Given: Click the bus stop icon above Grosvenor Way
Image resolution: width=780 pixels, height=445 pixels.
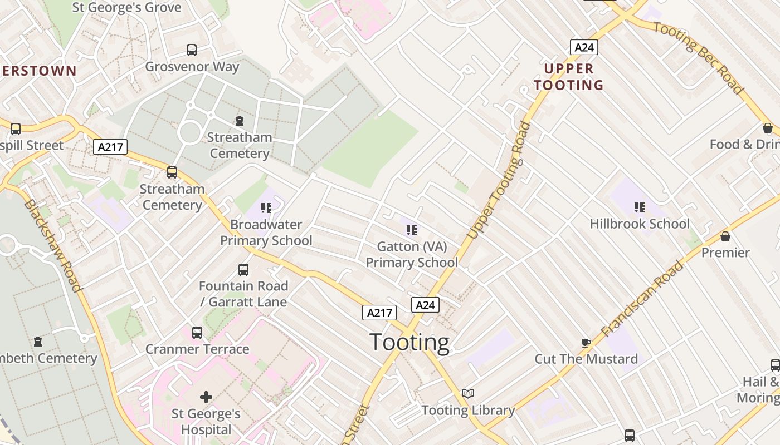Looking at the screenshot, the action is [192, 50].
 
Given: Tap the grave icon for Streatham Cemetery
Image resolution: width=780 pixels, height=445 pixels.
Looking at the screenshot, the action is [239, 121].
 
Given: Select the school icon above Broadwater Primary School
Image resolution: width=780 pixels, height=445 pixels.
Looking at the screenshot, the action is [266, 208].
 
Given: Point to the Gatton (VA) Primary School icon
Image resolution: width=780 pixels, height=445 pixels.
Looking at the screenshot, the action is [412, 230].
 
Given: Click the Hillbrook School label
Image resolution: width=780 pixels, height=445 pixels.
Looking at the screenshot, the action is [640, 224].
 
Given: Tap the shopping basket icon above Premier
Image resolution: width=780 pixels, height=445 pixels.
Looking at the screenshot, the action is [725, 236].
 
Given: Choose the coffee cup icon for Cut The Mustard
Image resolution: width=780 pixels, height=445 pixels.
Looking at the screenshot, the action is [586, 343].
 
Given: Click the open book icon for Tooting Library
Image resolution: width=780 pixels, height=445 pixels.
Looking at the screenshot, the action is [468, 394].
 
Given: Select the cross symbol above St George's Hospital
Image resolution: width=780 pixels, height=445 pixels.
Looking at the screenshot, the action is [206, 397].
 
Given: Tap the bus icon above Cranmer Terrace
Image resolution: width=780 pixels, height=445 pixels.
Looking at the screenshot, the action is [197, 333].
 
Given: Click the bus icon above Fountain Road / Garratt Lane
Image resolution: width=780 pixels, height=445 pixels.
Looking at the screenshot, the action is [243, 270].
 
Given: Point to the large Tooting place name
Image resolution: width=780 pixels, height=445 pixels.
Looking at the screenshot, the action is [409, 342].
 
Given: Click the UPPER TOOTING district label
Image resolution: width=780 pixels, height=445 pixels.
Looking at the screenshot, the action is [569, 77].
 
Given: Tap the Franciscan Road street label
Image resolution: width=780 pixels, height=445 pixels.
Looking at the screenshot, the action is [643, 299].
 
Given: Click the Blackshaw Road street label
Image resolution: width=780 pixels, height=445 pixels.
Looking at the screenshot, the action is [52, 245].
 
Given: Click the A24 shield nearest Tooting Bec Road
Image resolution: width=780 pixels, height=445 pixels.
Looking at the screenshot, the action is [584, 47].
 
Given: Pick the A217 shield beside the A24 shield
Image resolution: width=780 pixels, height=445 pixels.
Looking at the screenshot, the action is [379, 313].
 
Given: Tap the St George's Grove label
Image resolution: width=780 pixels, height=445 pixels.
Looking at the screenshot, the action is [127, 7].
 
